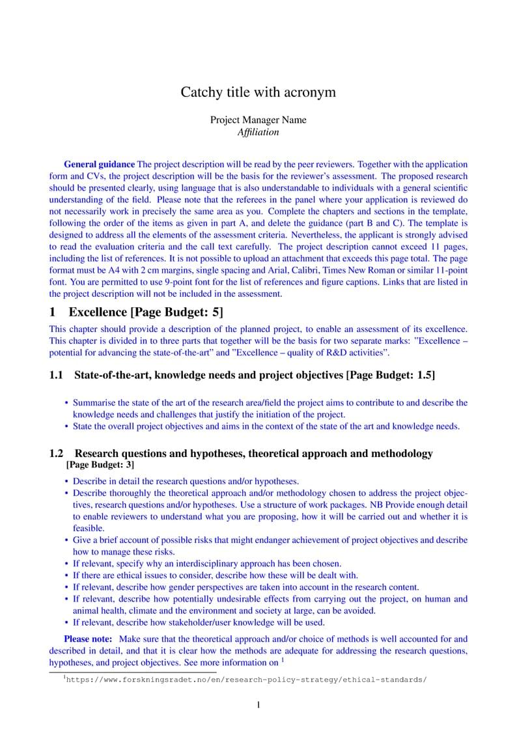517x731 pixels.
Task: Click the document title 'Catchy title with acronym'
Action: coord(258,92)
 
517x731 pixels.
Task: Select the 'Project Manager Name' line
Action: coord(258,120)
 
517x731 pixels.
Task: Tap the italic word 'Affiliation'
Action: coord(258,132)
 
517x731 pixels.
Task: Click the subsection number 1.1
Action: coord(57,375)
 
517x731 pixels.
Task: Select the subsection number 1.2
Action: coord(57,453)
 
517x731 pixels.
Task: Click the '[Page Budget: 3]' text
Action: coord(101,465)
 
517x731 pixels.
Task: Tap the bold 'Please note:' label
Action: coord(88,639)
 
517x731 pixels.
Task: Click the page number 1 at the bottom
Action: coord(258,705)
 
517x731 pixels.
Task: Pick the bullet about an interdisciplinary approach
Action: coord(207,564)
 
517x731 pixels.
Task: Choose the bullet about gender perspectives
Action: coord(245,587)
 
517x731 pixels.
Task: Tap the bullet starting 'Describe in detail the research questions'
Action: coord(186,482)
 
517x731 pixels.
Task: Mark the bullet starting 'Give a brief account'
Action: coord(270,540)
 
